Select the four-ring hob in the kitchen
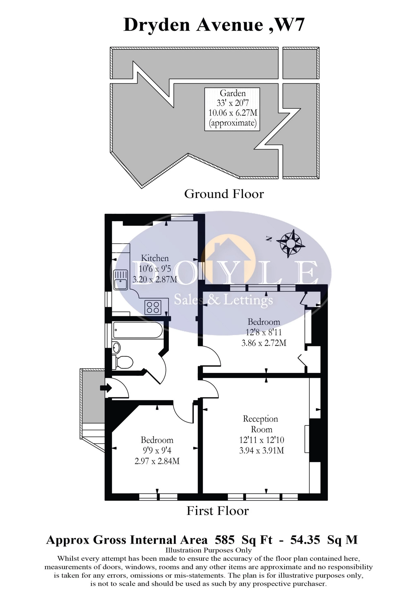click(x=153, y=307)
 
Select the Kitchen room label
click(x=155, y=258)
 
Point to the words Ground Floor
click(x=224, y=194)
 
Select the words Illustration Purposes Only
click(x=208, y=550)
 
